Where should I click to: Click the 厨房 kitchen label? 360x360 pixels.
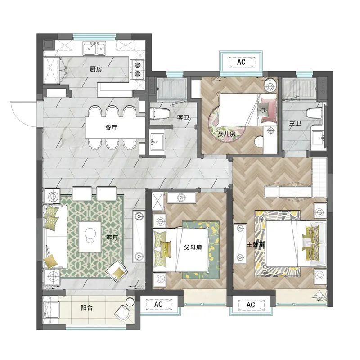[x=96, y=69]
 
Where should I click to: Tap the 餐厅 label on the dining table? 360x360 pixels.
[x=111, y=127]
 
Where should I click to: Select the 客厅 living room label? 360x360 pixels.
[x=112, y=238]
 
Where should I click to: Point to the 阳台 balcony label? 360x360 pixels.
[x=87, y=307]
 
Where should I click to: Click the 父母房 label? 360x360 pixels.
[x=193, y=247]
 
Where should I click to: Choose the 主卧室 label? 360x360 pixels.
[x=256, y=244]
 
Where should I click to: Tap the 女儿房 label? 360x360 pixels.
[x=226, y=134]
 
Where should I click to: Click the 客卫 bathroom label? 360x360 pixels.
[x=183, y=118]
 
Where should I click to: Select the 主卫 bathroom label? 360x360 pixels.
[x=295, y=123]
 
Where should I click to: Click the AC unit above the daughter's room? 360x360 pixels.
[x=242, y=62]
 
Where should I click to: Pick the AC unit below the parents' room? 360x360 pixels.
[x=159, y=304]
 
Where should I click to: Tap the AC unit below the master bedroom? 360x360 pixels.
[x=251, y=305]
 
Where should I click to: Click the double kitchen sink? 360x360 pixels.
[x=94, y=48]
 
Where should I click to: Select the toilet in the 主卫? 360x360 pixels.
[x=316, y=113]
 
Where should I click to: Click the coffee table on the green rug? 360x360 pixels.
[x=90, y=237]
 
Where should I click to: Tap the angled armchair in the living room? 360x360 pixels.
[x=117, y=271]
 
